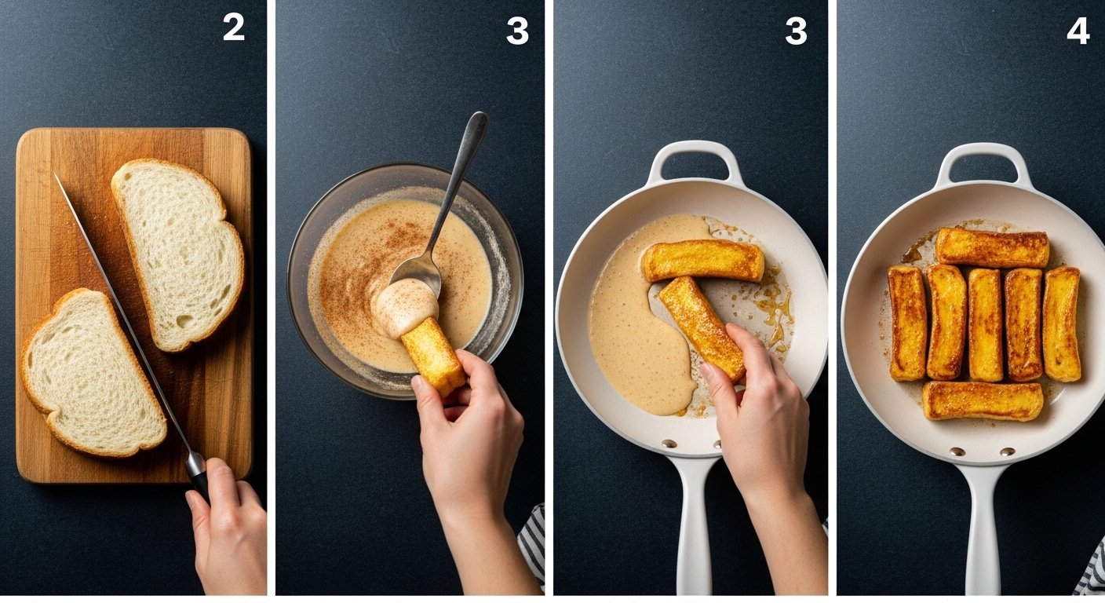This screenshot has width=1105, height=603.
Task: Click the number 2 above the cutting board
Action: tap(234, 27)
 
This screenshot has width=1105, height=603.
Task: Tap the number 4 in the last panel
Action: tap(1078, 31)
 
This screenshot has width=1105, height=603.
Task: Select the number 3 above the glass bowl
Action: tap(517, 31)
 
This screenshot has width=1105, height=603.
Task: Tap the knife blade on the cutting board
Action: tap(123, 316)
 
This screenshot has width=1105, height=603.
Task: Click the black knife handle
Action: tap(199, 476)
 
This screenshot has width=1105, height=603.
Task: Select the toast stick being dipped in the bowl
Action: tap(433, 356)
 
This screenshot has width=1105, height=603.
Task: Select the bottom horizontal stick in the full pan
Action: tap(983, 400)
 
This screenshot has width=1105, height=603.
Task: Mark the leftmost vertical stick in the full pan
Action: tap(908, 323)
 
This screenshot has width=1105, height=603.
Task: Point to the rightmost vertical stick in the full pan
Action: tap(1062, 323)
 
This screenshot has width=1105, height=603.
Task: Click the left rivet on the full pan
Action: tap(957, 451)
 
